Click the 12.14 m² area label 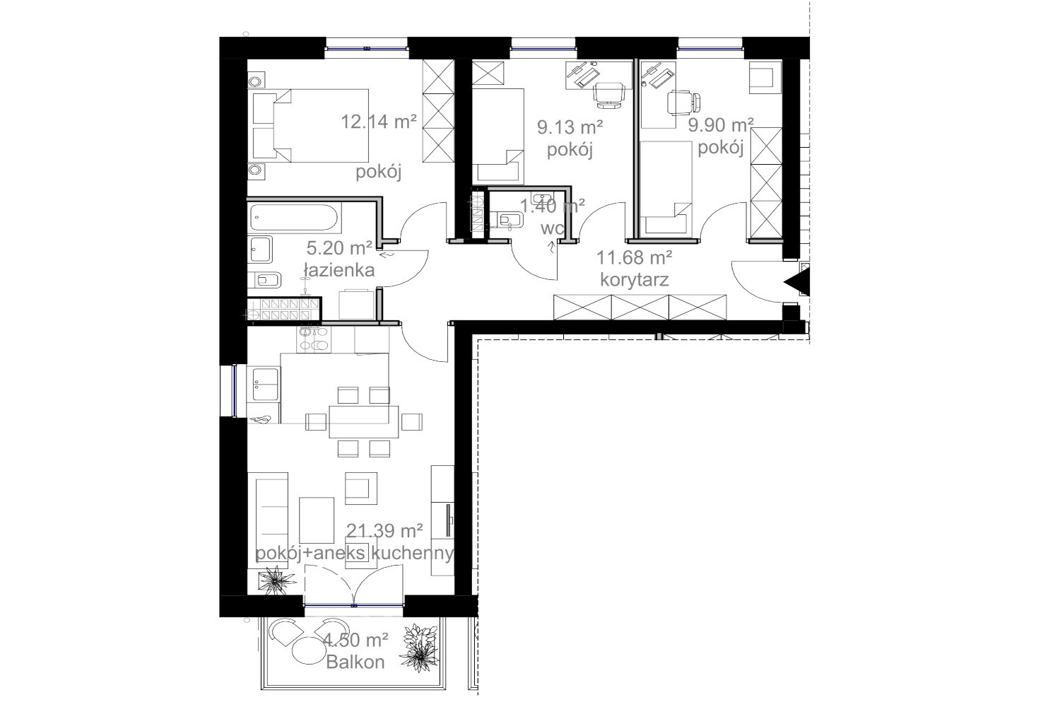pyautogui.click(x=379, y=122)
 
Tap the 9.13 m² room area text pyautogui.click(x=570, y=127)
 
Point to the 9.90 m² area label pyautogui.click(x=721, y=125)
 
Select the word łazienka pyautogui.click(x=339, y=270)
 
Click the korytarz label pyautogui.click(x=635, y=280)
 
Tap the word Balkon pyautogui.click(x=355, y=662)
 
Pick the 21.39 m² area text pyautogui.click(x=384, y=531)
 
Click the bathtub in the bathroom pyautogui.click(x=295, y=218)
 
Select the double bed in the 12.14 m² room pyautogui.click(x=310, y=125)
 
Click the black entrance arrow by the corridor pyautogui.click(x=799, y=282)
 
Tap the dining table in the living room pyautogui.click(x=363, y=421)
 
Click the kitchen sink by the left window pyautogui.click(x=264, y=385)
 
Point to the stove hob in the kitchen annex pyautogui.click(x=314, y=339)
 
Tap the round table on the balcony pyautogui.click(x=310, y=651)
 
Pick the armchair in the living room pyautogui.click(x=361, y=489)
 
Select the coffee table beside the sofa pyautogui.click(x=317, y=520)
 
